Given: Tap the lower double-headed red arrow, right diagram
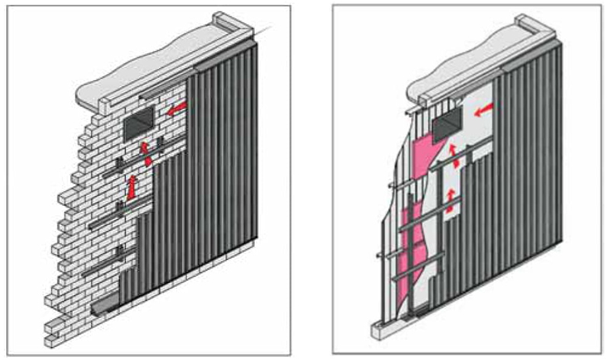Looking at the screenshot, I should coord(451,198).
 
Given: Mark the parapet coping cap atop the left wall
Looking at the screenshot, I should coord(233,24).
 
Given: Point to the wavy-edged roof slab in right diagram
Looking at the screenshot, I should coord(457,69).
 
